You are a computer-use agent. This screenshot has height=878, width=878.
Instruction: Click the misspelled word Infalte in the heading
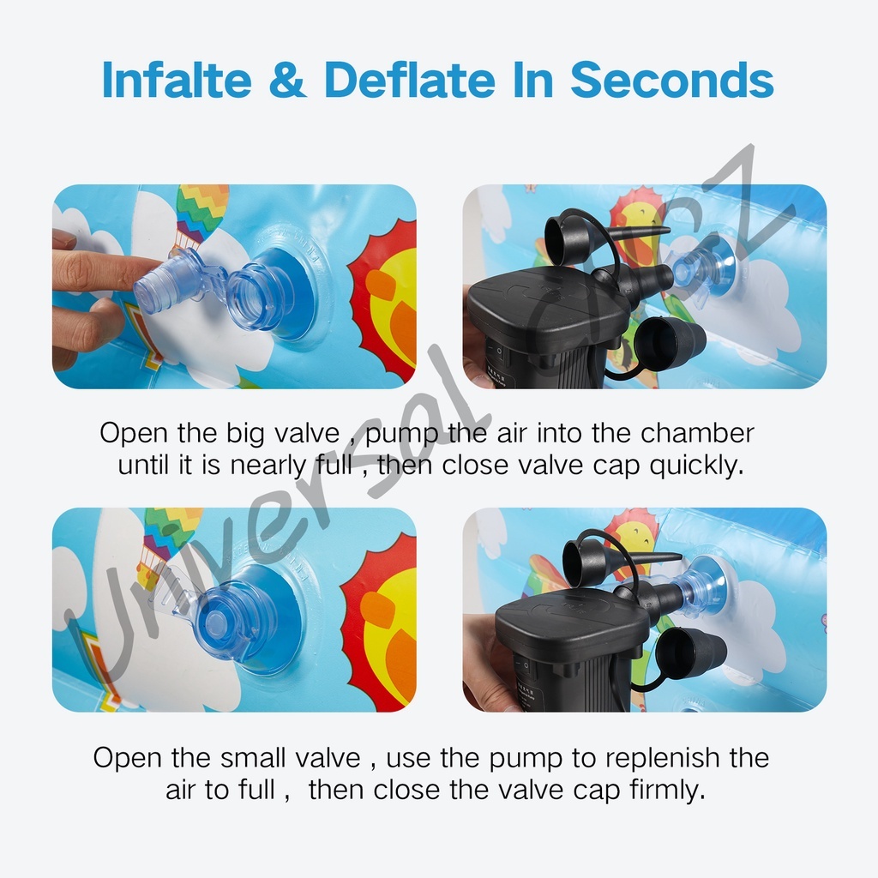click(x=177, y=80)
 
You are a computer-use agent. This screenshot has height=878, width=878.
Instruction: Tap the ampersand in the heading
click(x=288, y=80)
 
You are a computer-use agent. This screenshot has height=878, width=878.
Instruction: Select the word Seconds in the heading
click(x=672, y=80)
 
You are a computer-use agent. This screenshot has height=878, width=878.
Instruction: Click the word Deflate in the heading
click(x=409, y=80)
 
